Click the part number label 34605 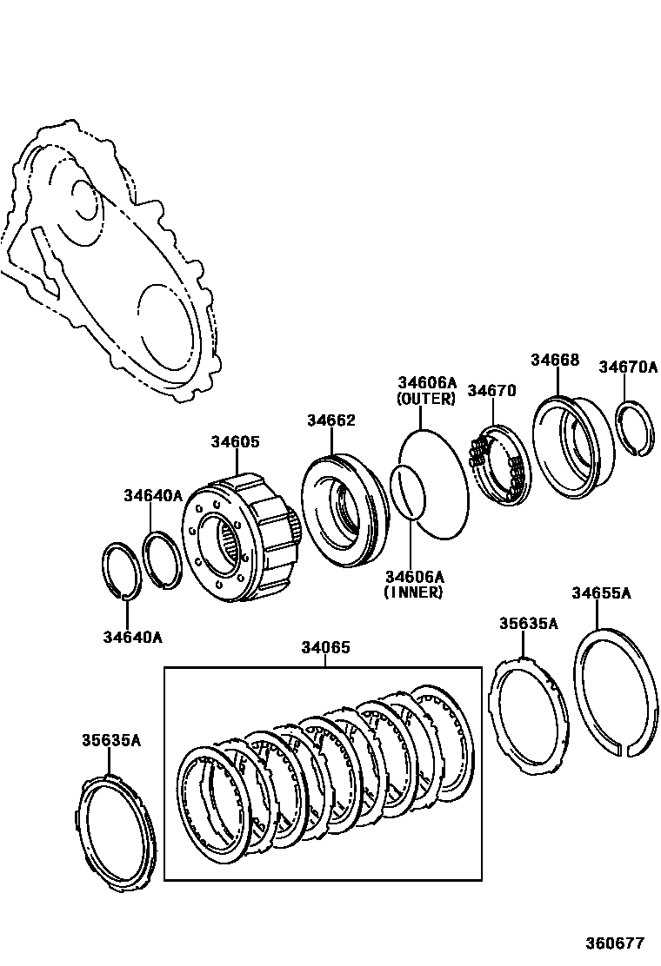235,442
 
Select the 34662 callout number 330,420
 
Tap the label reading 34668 555,361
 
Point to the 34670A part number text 628,367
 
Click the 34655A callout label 601,593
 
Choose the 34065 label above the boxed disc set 326,647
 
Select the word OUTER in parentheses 426,400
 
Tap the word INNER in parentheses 414,592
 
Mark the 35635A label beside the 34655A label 528,624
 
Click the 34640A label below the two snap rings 133,637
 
